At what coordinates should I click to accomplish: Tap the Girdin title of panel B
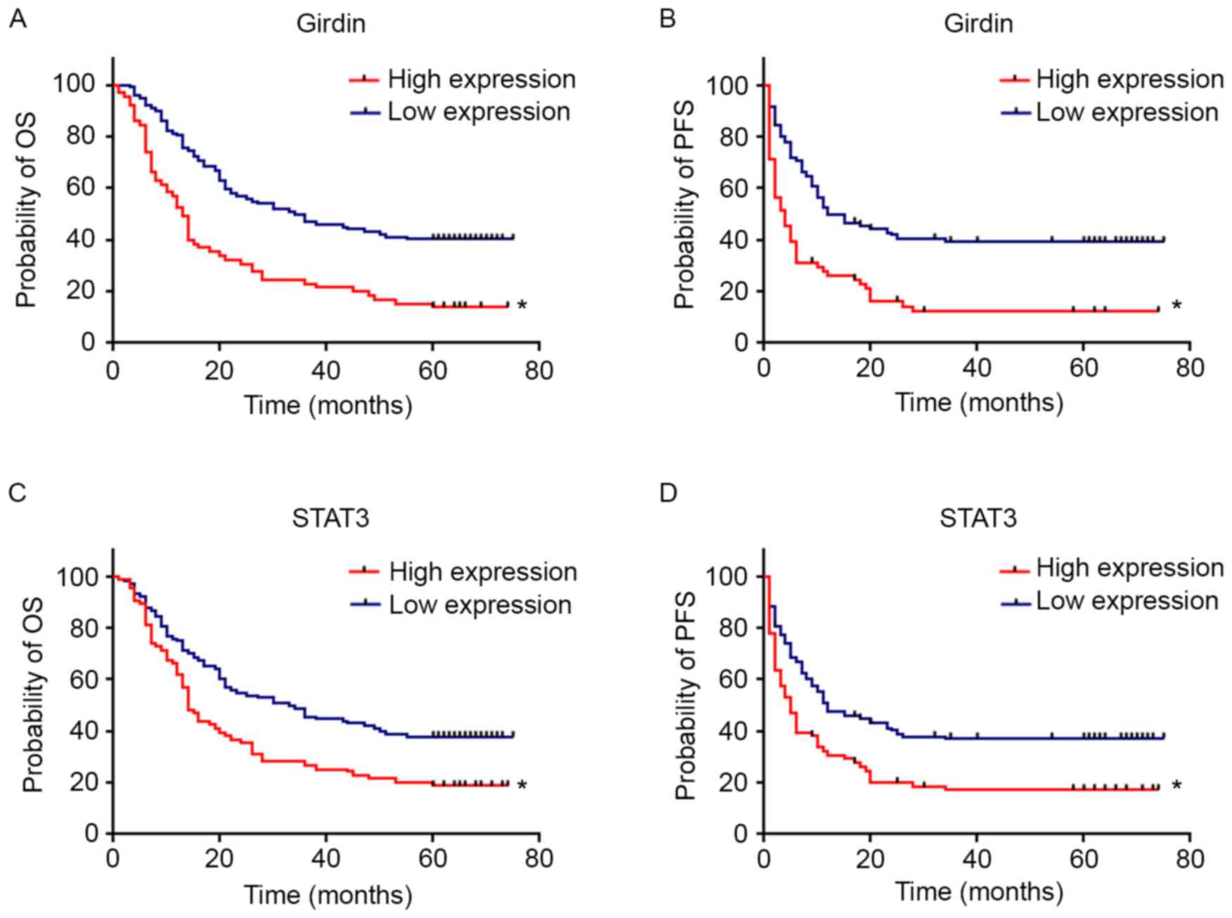coord(977,24)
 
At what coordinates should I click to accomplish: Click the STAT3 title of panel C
coord(331,518)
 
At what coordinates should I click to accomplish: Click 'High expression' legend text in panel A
coord(481,79)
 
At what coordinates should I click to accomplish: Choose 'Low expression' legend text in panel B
coord(1127,112)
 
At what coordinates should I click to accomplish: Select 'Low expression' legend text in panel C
coord(480,605)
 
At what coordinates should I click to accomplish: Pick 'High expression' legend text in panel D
coord(1129,568)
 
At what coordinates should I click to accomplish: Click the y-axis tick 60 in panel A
coord(81,188)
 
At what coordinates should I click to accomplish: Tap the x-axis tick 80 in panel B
coord(1189,368)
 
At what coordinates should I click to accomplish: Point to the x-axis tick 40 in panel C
coord(326,859)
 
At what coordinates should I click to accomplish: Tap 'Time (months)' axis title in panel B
coord(978,403)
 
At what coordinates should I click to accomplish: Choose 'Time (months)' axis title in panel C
coord(328,895)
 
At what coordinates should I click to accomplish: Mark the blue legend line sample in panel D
coord(1015,602)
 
